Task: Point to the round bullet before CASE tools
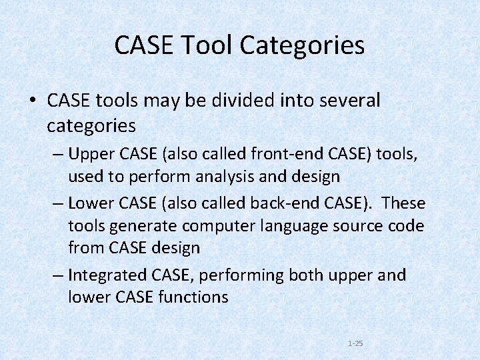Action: coord(32,101)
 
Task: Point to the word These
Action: coord(404,202)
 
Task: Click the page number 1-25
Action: coord(355,343)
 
